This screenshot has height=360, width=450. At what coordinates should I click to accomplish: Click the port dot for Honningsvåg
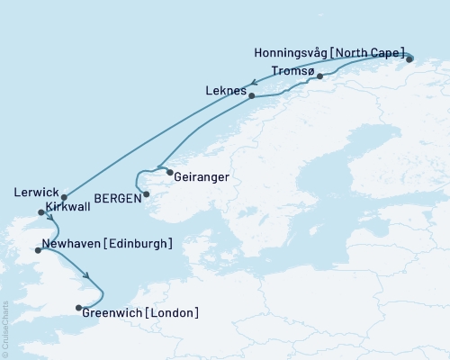tap(409, 59)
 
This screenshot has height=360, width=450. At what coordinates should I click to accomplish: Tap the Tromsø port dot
tap(319, 76)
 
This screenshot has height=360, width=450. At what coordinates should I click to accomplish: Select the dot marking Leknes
tap(251, 95)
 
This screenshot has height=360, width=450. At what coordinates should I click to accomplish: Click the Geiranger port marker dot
tap(169, 171)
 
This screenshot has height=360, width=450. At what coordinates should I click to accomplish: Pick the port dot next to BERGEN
tap(147, 193)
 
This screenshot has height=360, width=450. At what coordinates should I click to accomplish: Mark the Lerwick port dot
tap(64, 197)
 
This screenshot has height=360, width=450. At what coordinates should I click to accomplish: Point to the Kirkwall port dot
tap(40, 212)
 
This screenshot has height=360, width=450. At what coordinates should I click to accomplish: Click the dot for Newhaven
tap(37, 250)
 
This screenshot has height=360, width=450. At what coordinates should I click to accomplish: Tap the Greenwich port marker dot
tap(78, 308)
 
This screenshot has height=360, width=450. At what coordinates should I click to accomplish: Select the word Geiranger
tap(201, 178)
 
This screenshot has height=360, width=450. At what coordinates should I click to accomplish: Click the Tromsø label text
tap(292, 71)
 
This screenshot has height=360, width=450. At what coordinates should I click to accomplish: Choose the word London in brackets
tap(168, 312)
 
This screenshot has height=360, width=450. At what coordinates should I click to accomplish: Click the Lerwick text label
tap(36, 193)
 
